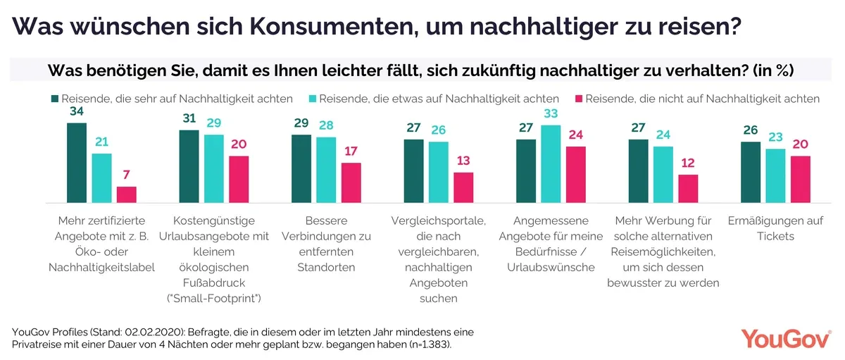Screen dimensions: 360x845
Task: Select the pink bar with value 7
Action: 127,194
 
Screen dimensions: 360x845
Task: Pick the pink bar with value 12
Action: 688,188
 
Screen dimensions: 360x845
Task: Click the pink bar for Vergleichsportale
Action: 463,187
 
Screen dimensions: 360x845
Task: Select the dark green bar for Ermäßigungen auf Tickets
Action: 751,172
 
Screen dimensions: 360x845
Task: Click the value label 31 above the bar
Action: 189,119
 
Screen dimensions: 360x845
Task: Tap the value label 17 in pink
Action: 351,151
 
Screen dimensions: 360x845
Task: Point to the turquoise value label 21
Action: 102,142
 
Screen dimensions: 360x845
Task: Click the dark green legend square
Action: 54,99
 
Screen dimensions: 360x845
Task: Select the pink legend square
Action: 579,99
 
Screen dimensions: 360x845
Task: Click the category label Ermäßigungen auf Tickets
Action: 775,228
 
